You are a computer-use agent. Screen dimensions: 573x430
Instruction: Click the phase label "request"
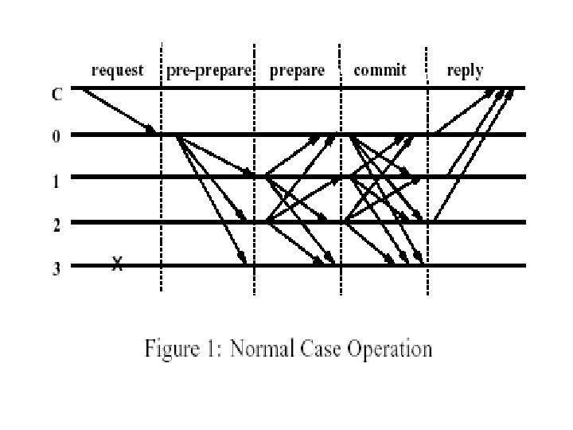(118, 70)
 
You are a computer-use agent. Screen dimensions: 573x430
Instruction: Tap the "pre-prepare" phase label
(209, 70)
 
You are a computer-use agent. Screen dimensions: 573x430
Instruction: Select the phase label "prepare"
(297, 70)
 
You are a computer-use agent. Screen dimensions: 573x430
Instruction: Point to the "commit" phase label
(380, 70)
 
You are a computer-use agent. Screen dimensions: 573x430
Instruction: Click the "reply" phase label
(465, 70)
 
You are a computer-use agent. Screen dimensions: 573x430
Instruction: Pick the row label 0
(57, 135)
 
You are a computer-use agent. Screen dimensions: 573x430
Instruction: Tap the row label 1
(57, 181)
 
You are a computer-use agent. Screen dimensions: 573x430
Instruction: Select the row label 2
(57, 225)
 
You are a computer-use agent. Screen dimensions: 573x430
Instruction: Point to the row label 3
(57, 269)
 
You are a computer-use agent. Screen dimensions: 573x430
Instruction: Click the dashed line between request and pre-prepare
(162, 199)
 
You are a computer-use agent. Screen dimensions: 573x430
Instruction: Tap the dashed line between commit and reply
(427, 199)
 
